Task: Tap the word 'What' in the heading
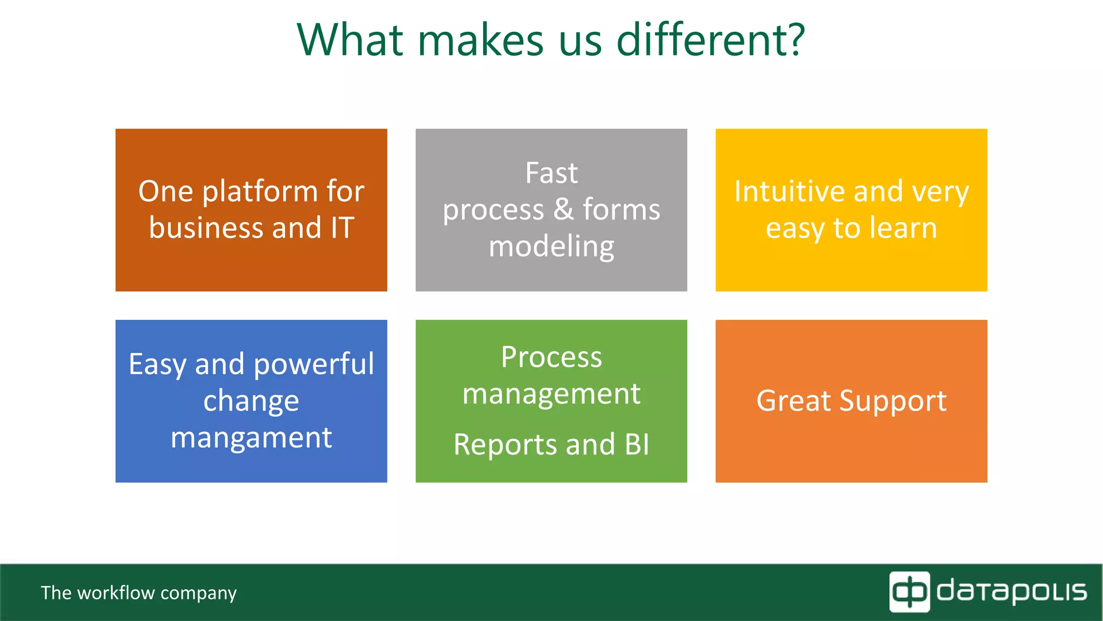tap(350, 40)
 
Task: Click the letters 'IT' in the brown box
tap(342, 228)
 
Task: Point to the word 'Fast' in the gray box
tap(551, 174)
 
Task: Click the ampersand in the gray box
tap(563, 209)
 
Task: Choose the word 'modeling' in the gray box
tap(551, 247)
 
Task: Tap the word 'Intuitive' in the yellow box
tap(790, 192)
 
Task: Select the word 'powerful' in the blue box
tap(313, 364)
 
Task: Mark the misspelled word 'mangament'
tap(251, 437)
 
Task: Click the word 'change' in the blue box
tap(251, 402)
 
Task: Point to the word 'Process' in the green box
tap(551, 357)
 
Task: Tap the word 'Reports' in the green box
tap(505, 445)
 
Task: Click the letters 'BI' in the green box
tap(637, 445)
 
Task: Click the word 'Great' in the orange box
tap(793, 401)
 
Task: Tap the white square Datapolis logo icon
tap(909, 592)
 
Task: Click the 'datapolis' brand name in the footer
tap(1011, 592)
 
